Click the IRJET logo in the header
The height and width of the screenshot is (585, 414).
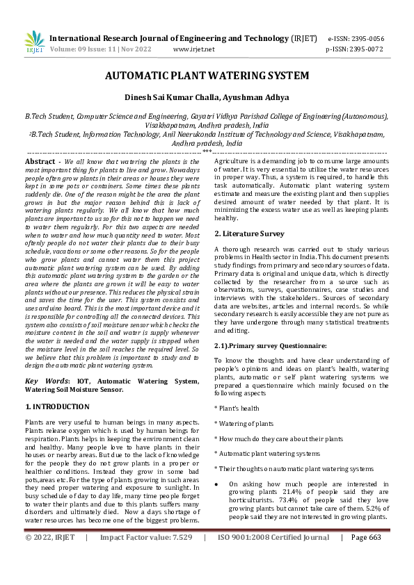click(34, 42)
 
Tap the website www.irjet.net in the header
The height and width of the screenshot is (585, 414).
click(193, 49)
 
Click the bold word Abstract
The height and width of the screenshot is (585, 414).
click(40, 161)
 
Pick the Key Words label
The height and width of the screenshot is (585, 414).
click(42, 381)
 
